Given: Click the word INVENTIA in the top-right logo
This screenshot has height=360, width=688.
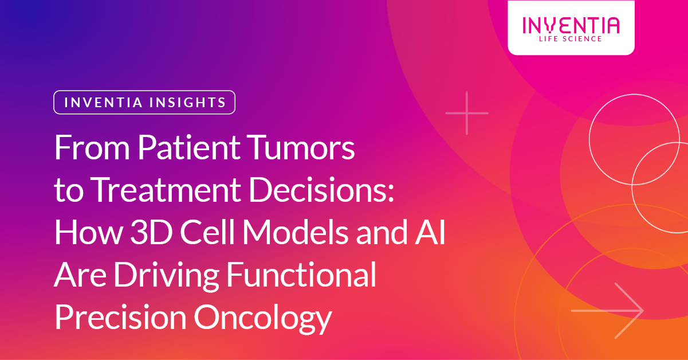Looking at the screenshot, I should [x=571, y=25].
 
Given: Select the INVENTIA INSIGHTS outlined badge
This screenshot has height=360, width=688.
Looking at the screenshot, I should [x=144, y=103].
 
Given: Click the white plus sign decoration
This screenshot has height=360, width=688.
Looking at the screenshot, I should [x=467, y=113].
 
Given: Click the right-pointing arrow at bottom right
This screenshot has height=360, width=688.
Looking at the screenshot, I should [x=607, y=310].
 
